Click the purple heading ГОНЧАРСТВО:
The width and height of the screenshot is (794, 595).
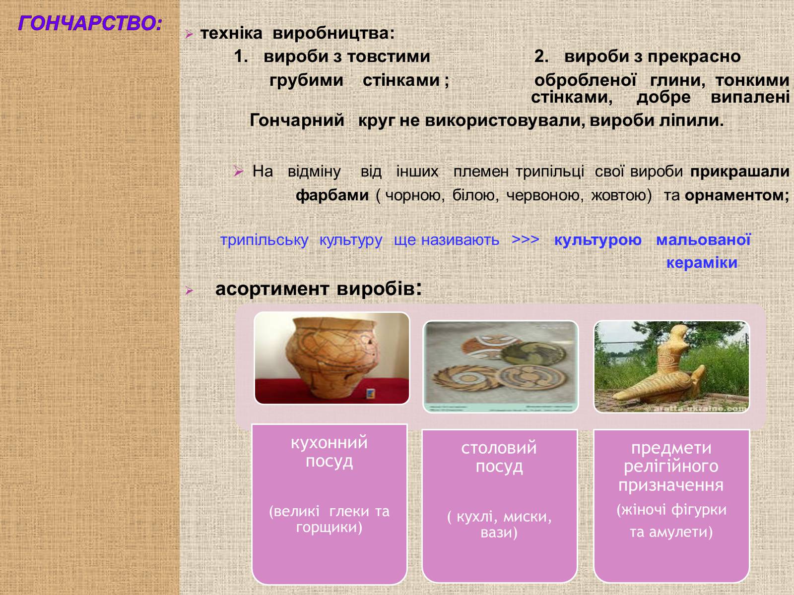90,23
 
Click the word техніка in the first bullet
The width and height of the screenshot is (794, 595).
232,34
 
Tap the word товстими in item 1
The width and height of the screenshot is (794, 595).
389,57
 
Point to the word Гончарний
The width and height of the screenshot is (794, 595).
297,120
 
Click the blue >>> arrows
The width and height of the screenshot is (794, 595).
525,239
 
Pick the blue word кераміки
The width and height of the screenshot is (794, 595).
702,263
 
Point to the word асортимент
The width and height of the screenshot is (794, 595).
272,289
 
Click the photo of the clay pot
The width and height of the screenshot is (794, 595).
331,358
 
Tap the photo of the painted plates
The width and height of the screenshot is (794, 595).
501,367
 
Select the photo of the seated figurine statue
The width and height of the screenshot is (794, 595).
671,367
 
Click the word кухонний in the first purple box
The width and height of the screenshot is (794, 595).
329,443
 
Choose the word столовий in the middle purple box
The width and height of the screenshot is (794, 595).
499,448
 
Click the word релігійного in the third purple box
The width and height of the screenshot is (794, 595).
671,467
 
